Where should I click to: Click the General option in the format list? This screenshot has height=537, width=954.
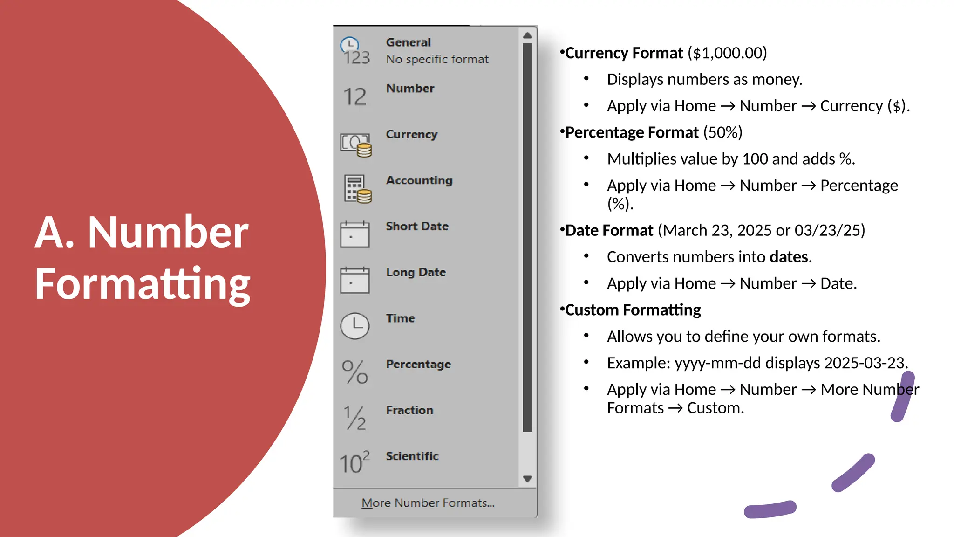(409, 42)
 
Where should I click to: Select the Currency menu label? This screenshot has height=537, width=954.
(411, 134)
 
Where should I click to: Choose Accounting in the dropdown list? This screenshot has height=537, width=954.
(419, 180)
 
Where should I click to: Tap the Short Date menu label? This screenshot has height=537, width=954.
(417, 227)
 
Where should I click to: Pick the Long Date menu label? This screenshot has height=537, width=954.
(416, 272)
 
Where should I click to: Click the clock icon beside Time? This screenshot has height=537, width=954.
(355, 326)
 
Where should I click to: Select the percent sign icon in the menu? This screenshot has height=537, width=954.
(355, 372)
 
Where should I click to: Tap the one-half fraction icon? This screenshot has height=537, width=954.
(355, 418)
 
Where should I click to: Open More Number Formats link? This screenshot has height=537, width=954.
(428, 503)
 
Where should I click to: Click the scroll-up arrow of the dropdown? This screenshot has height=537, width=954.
(527, 35)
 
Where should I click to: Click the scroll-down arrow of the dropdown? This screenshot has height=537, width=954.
(527, 479)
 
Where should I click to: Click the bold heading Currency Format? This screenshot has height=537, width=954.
(624, 53)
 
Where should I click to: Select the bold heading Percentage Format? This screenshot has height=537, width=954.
(632, 132)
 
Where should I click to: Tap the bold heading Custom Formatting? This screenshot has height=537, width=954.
(633, 310)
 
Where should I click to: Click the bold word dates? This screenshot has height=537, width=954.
(789, 257)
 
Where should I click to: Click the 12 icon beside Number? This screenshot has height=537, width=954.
(355, 97)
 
